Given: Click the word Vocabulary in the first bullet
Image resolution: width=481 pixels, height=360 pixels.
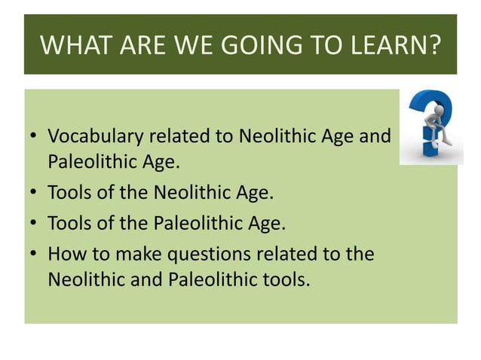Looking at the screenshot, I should (x=95, y=137).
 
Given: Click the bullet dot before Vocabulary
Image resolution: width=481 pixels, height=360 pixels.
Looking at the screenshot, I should (x=35, y=139).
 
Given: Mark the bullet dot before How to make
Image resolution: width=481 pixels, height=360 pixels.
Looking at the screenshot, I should (x=35, y=255).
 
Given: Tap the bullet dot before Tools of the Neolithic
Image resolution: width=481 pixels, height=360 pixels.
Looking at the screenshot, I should (x=35, y=193).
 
